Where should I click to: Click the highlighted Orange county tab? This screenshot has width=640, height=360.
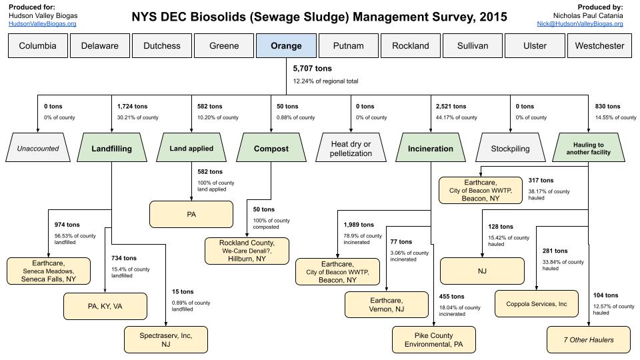click(x=286, y=46)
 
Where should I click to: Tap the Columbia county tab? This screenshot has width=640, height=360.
click(x=37, y=46)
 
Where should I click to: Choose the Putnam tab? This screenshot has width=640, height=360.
click(x=348, y=46)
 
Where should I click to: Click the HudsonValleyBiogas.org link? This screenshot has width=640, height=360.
click(x=42, y=23)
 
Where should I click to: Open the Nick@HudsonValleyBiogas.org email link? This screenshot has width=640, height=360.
click(x=580, y=23)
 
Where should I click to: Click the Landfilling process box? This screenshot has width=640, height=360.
click(x=111, y=149)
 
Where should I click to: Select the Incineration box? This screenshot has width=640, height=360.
click(x=430, y=149)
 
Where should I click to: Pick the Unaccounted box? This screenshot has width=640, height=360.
click(x=37, y=149)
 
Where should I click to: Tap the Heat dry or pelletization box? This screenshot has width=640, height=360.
click(x=351, y=149)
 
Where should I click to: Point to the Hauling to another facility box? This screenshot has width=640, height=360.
click(x=589, y=149)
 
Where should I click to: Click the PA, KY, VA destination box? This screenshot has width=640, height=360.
click(x=105, y=307)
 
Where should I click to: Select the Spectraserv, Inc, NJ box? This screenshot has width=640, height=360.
click(x=166, y=340)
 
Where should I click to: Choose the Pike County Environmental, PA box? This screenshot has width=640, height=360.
click(x=433, y=340)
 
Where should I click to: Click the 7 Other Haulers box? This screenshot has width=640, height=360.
click(x=589, y=339)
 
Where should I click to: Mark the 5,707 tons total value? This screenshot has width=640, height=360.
click(x=313, y=68)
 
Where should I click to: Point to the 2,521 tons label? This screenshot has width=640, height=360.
click(x=451, y=106)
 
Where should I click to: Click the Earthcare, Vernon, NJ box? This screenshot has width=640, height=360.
click(x=386, y=304)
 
